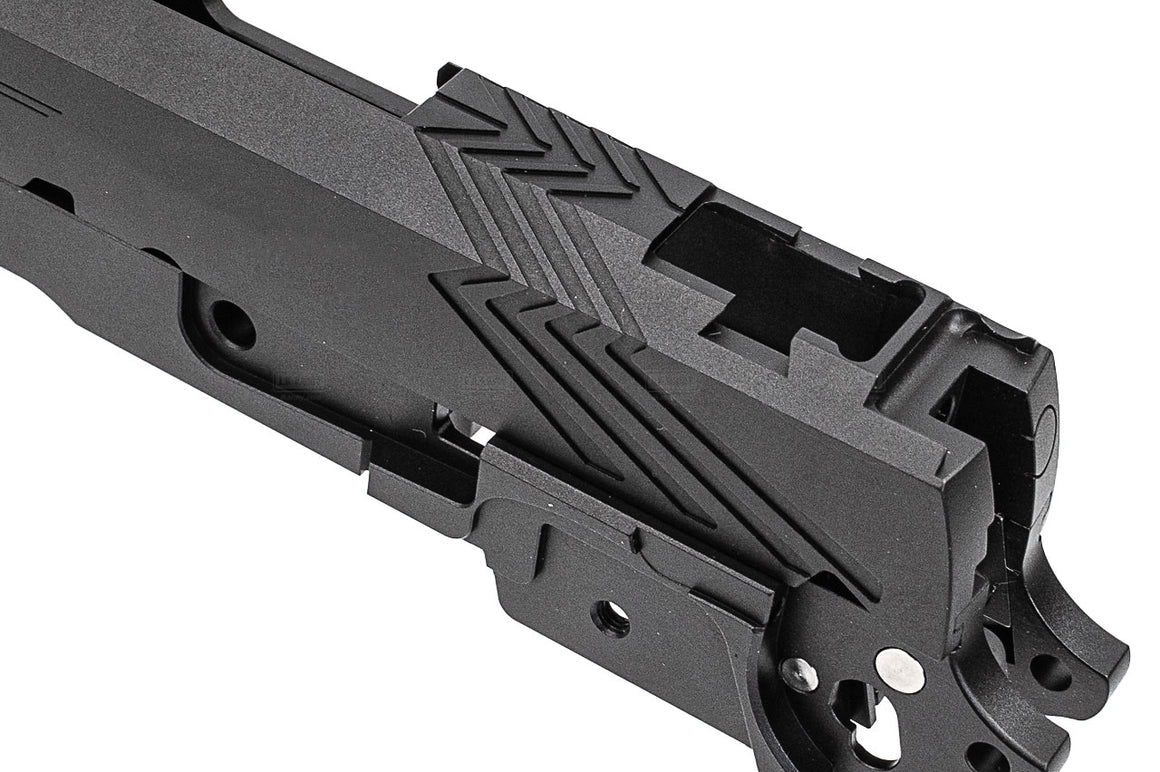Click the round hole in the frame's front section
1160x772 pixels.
(x=232, y=322)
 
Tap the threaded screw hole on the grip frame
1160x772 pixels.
(x=610, y=616)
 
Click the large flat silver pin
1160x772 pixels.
(x=898, y=670)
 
